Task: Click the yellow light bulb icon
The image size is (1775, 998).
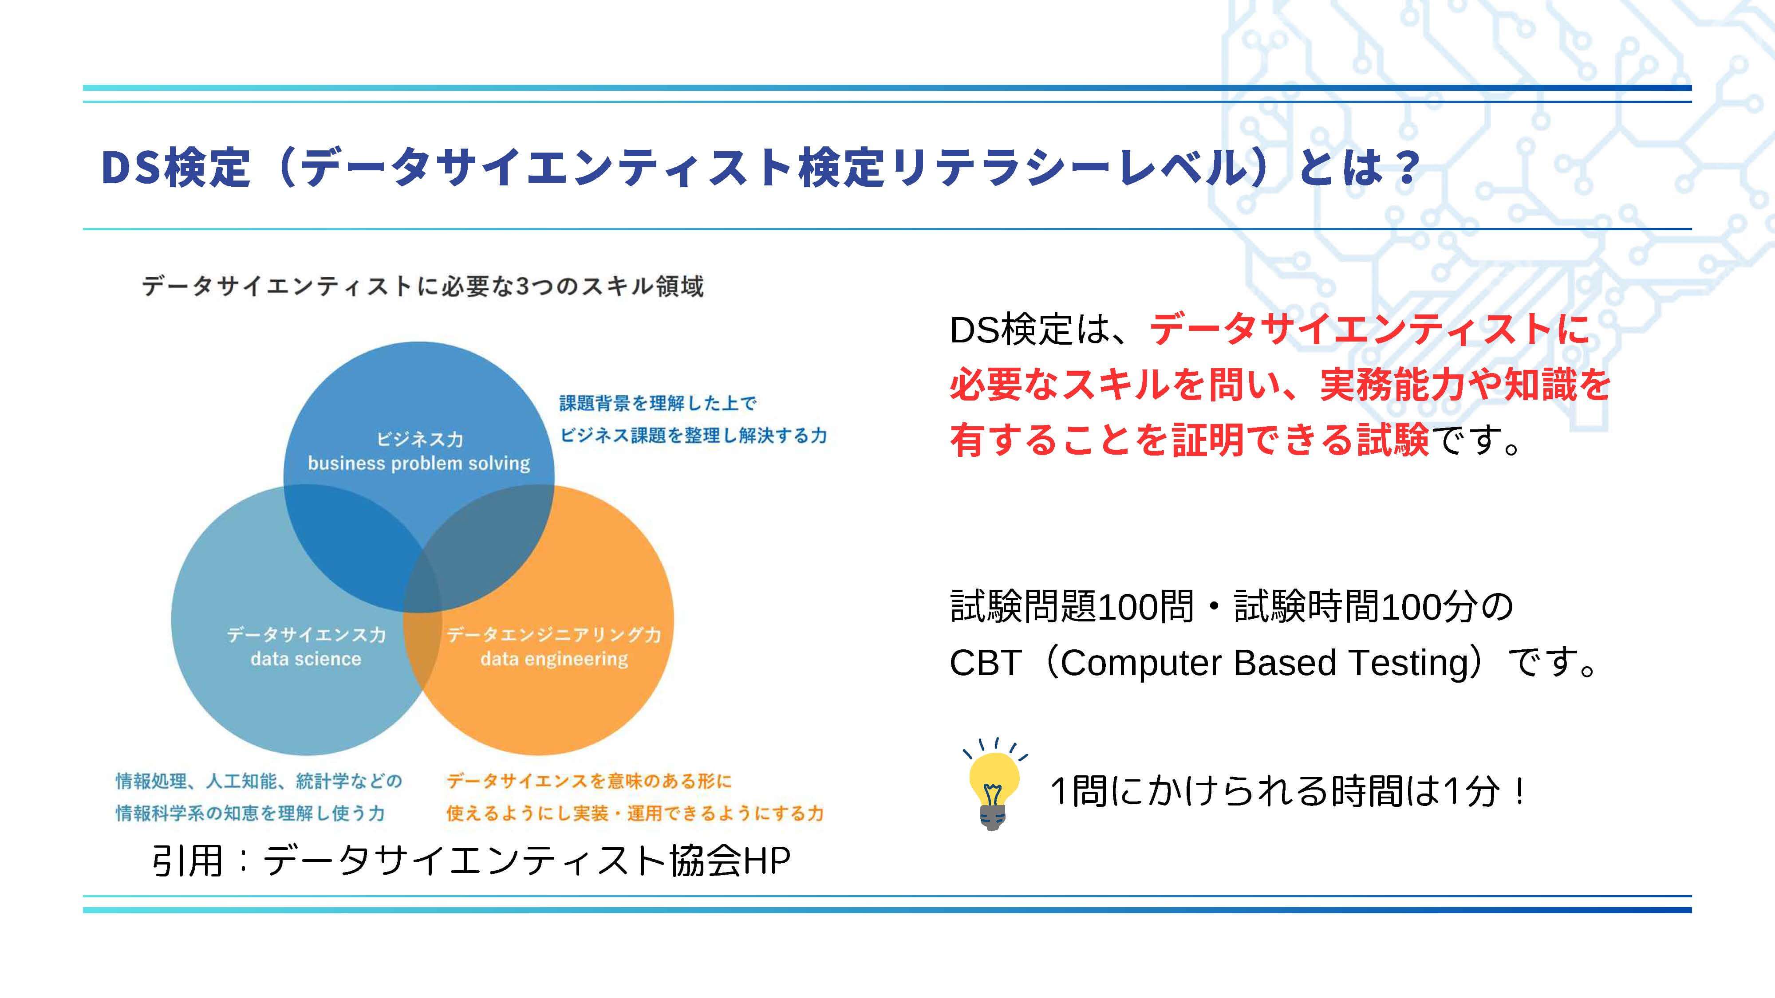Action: point(993,785)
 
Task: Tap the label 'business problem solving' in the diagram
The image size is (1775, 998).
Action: point(419,463)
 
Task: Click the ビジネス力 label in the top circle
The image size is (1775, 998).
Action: point(419,438)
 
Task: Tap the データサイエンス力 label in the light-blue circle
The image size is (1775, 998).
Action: point(306,634)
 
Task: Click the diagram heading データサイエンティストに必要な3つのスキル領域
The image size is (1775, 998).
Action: point(422,286)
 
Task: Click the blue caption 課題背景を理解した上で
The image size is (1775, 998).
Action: point(657,403)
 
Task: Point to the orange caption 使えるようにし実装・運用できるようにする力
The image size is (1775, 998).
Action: point(635,813)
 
